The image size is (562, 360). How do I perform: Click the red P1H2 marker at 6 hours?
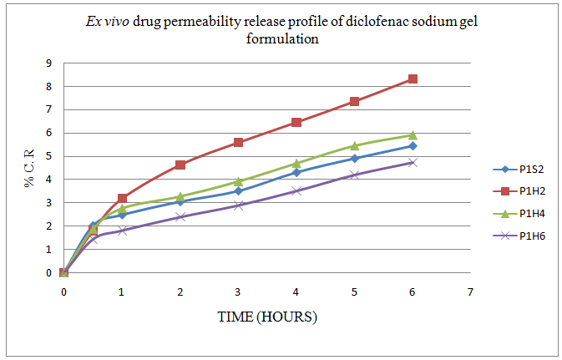point(413,79)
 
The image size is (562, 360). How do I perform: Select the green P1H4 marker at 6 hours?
point(413,135)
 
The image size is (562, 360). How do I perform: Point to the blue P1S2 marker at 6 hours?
point(413,146)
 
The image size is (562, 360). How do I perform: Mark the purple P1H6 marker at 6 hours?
point(413,162)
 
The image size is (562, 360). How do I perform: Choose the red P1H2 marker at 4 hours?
point(296,122)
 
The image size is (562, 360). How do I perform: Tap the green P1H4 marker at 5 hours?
point(354,146)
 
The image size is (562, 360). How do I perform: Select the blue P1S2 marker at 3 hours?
point(238,191)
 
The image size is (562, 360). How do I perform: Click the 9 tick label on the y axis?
point(49,63)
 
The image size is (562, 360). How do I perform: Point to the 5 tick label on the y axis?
point(49,156)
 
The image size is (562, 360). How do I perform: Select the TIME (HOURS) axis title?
point(266,317)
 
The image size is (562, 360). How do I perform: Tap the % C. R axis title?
point(31,167)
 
